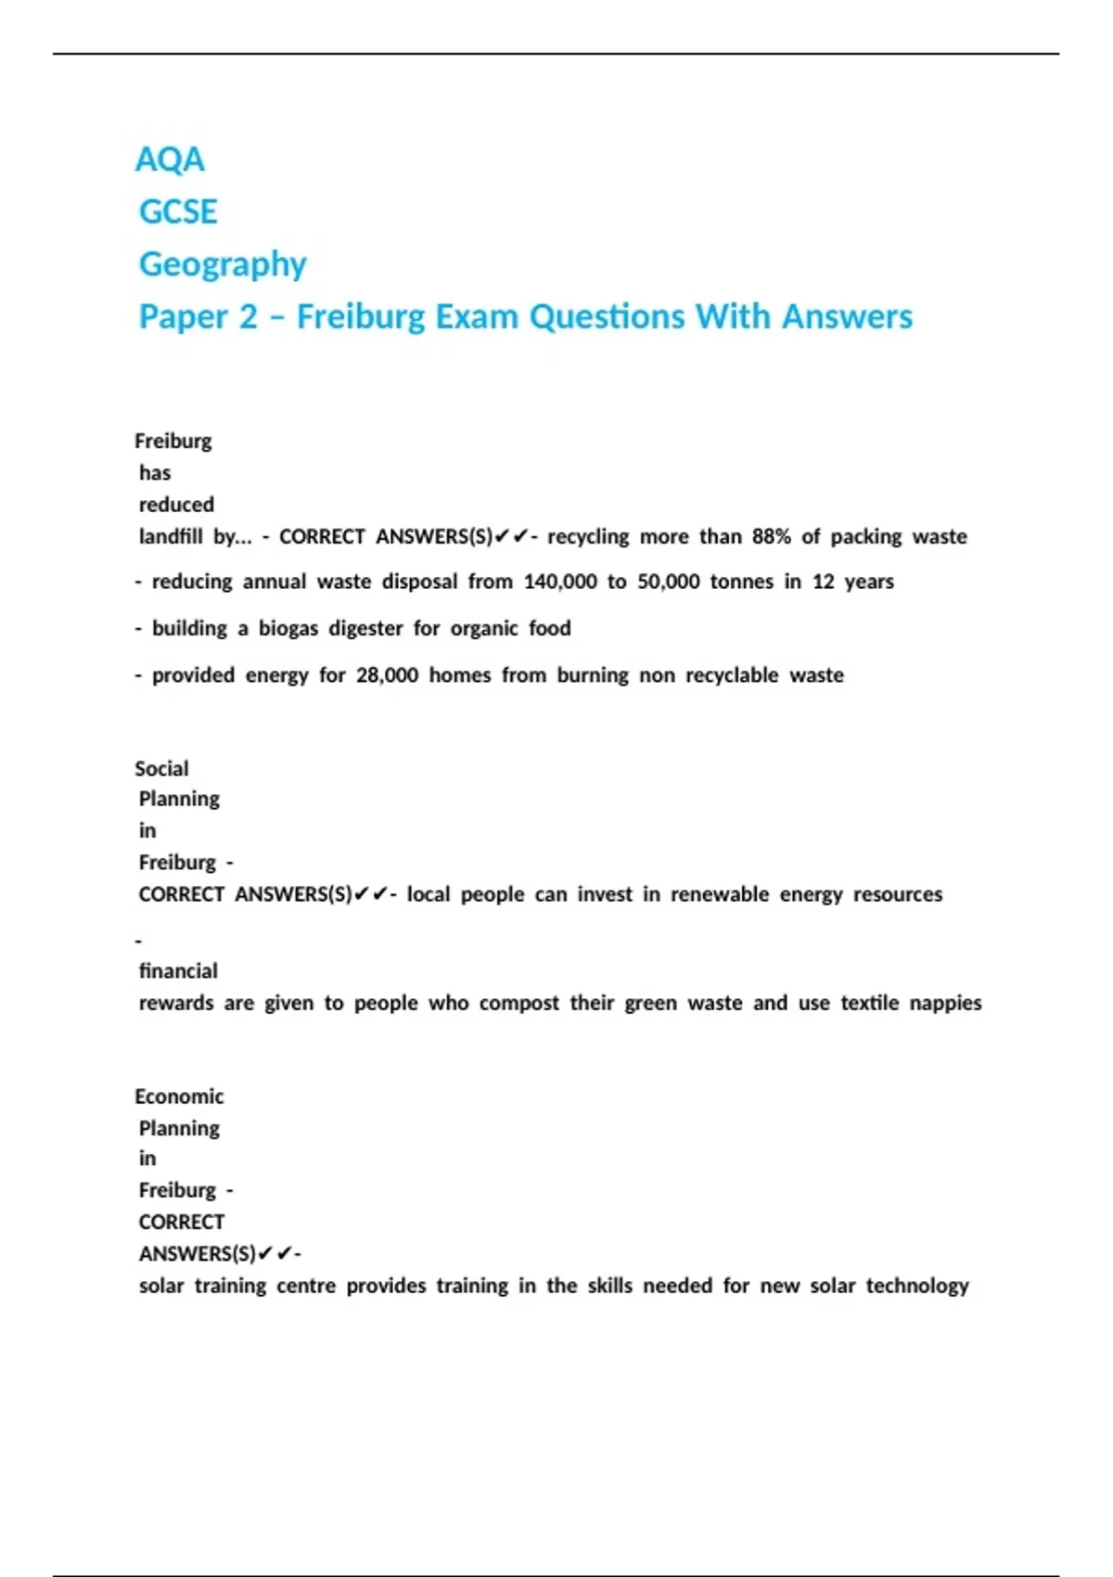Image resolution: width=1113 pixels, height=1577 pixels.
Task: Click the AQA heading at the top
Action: (x=170, y=160)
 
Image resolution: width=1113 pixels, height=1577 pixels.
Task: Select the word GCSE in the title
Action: (x=178, y=212)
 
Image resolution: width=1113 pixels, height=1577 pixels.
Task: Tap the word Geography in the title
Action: (x=223, y=264)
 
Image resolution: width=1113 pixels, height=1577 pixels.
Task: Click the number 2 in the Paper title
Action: (x=248, y=316)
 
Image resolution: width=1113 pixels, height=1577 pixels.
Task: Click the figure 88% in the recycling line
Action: (x=772, y=536)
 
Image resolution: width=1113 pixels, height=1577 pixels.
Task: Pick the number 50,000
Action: (x=668, y=582)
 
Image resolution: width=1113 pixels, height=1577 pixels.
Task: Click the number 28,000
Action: (x=387, y=674)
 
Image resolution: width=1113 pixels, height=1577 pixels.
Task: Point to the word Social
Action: (x=161, y=768)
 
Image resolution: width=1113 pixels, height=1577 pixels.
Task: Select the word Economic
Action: (x=179, y=1096)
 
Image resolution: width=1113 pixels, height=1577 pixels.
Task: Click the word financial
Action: (x=178, y=970)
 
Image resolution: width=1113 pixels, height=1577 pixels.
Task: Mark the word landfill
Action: (x=171, y=536)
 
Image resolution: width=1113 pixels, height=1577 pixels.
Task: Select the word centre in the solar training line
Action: (x=306, y=1286)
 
